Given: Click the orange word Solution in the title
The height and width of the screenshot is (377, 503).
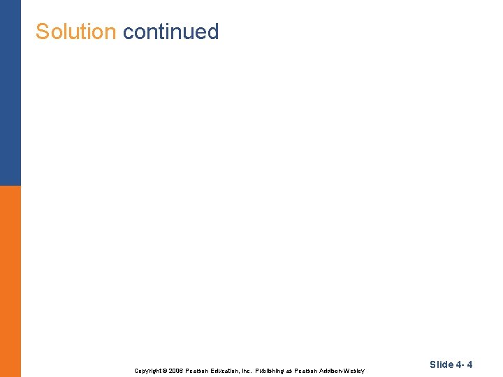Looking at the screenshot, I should (x=75, y=31).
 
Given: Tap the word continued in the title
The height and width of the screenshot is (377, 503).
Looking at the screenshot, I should (x=170, y=31).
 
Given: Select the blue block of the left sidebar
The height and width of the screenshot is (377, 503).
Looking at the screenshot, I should (x=10, y=92).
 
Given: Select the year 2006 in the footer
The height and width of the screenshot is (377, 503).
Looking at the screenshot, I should (x=175, y=371).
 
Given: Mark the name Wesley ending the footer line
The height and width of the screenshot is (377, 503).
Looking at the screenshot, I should (x=355, y=371).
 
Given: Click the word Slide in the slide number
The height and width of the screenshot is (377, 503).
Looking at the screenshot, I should (x=442, y=364).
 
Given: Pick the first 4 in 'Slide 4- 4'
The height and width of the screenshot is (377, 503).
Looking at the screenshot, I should (x=459, y=364).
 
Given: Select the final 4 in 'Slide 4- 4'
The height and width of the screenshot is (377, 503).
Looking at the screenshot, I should (x=470, y=364).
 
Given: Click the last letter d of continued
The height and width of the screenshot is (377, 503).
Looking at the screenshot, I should (x=213, y=31).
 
